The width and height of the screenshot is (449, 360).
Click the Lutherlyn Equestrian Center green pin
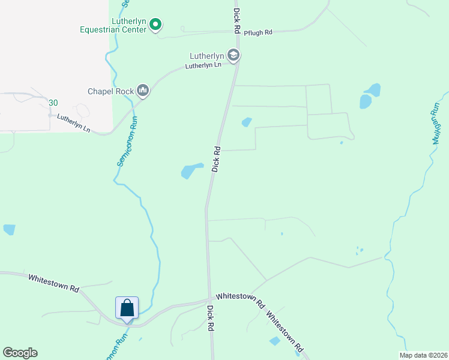(155, 25)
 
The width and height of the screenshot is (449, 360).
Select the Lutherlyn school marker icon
(234, 56)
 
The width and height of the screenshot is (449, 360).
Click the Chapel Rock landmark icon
(143, 91)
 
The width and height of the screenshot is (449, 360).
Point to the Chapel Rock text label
(110, 91)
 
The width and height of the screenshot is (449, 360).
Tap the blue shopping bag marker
(127, 308)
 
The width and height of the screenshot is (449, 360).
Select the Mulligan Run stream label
(435, 123)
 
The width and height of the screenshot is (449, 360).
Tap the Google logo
(20, 353)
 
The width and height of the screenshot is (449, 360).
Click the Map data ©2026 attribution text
(424, 355)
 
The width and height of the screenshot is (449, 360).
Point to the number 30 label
(53, 103)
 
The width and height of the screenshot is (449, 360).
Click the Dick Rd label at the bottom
(211, 317)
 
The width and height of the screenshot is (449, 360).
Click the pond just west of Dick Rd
(191, 170)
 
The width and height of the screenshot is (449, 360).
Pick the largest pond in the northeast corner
(368, 96)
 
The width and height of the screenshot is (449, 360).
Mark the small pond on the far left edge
(8, 229)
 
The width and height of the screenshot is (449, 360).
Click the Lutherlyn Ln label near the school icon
(203, 65)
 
